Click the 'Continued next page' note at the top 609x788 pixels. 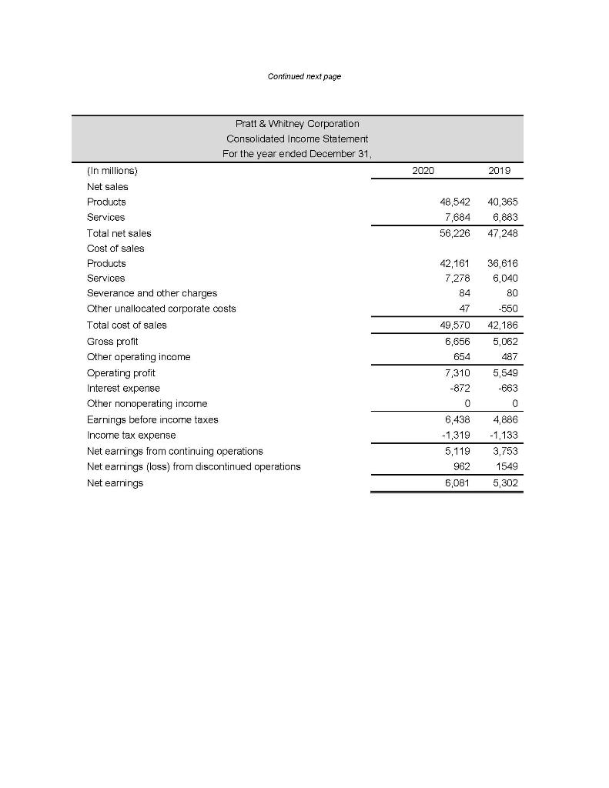304,76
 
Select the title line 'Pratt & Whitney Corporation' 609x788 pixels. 297,123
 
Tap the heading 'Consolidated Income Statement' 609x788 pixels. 297,139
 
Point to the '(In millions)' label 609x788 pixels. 112,171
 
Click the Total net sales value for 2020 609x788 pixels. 456,232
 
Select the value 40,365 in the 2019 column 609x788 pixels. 506,202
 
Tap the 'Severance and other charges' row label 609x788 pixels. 152,293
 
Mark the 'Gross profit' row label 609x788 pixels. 112,340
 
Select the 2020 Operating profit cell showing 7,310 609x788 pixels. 457,372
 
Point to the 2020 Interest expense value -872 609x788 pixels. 460,388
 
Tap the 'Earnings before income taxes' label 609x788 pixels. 152,419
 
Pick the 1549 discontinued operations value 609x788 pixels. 509,466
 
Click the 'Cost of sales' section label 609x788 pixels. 115,248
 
